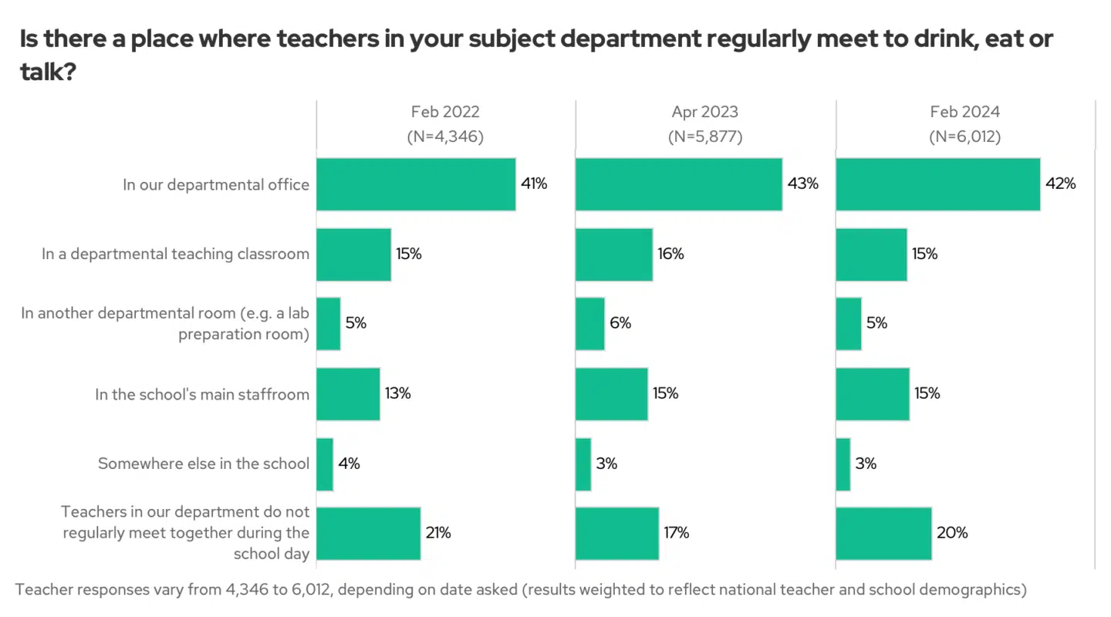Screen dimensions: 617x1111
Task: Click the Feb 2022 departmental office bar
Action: [x=416, y=184]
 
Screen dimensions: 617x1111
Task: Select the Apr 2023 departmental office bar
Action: [x=679, y=184]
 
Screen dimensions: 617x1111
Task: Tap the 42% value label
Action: [x=1060, y=184]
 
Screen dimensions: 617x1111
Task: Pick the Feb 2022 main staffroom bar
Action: [x=348, y=394]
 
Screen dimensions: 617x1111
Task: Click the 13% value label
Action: [x=398, y=393]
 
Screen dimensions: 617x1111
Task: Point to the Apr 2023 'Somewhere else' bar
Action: [x=583, y=464]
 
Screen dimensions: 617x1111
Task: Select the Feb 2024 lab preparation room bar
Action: [x=849, y=324]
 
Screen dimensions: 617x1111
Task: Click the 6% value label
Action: [x=620, y=323]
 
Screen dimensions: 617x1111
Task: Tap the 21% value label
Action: [x=438, y=533]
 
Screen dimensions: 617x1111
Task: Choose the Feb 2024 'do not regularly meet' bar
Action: [x=883, y=533]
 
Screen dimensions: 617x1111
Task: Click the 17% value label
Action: [x=676, y=533]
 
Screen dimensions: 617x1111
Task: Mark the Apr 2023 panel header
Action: [x=704, y=112]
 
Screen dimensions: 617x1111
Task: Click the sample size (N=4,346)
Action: [x=445, y=137]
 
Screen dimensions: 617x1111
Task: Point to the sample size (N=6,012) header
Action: [x=964, y=137]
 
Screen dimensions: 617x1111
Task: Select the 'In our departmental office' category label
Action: [x=216, y=184]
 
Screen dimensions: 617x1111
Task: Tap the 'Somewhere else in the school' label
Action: [x=204, y=464]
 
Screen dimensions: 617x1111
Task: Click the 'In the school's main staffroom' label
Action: [x=202, y=394]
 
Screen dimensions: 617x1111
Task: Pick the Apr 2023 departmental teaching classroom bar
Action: [x=614, y=255]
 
